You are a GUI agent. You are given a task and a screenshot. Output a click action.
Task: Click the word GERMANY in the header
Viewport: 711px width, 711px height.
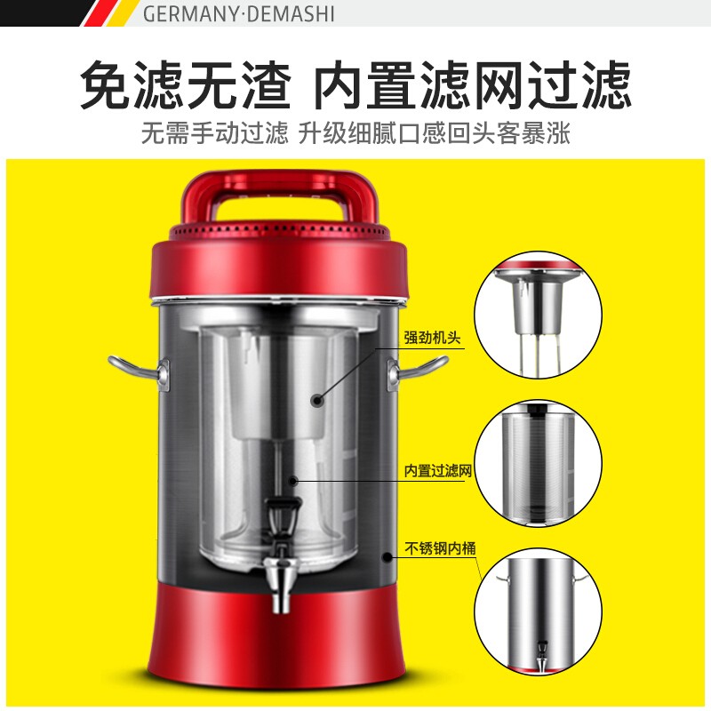pyautogui.click(x=189, y=13)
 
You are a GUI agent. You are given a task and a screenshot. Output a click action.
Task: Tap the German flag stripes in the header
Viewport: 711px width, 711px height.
pyautogui.click(x=109, y=12)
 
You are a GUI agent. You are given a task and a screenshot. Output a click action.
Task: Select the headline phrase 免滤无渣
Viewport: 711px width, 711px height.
pyautogui.click(x=186, y=84)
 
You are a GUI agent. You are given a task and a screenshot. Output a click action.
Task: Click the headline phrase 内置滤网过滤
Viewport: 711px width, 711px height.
pyautogui.click(x=472, y=84)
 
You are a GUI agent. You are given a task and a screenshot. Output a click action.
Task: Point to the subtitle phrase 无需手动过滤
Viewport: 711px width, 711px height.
pyautogui.click(x=214, y=132)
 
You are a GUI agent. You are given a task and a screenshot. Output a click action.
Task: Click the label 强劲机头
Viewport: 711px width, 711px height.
pyautogui.click(x=432, y=338)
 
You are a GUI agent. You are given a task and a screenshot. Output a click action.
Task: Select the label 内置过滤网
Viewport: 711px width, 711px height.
pyautogui.click(x=438, y=471)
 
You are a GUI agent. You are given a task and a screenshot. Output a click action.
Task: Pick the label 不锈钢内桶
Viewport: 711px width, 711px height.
pyautogui.click(x=440, y=548)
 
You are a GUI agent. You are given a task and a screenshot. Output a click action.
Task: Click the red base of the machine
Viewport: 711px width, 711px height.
pyautogui.click(x=277, y=635)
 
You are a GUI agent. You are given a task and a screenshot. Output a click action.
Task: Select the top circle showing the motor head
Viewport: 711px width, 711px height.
pyautogui.click(x=539, y=315)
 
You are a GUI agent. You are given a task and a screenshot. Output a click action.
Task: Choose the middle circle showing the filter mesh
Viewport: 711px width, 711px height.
pyautogui.click(x=539, y=463)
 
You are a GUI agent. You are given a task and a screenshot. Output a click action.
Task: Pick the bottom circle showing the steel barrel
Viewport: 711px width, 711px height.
pyautogui.click(x=539, y=612)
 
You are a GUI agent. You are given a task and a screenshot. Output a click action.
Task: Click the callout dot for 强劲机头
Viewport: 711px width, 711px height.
pyautogui.click(x=317, y=400)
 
